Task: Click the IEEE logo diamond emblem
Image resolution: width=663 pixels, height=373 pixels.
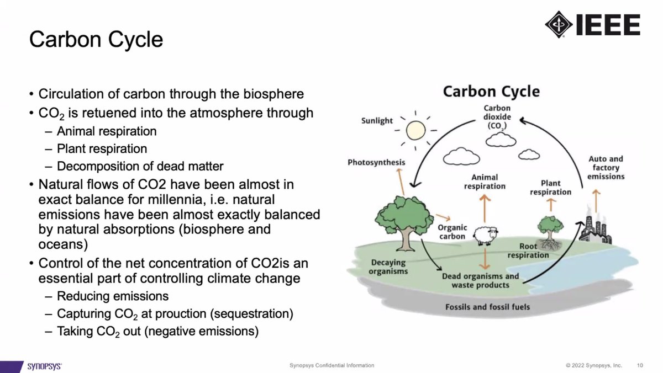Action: pos(559,24)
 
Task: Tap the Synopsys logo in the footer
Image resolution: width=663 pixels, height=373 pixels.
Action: pos(45,366)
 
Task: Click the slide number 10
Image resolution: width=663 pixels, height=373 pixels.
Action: pos(640,365)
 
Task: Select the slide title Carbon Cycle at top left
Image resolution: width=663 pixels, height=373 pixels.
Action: pos(96,40)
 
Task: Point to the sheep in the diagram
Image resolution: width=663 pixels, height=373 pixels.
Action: pos(485,235)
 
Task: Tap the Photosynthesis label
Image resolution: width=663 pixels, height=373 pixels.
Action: pos(376,162)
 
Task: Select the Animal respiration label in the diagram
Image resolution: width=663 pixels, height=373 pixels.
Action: pos(485,182)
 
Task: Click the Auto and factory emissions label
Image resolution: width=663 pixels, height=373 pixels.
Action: pos(606,168)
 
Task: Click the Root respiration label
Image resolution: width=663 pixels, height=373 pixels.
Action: pos(528,251)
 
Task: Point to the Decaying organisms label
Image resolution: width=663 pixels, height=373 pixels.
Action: pos(389,267)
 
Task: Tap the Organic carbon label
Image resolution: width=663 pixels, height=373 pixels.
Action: pos(452,232)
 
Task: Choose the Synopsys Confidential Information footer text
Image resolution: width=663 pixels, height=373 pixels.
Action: pos(331,365)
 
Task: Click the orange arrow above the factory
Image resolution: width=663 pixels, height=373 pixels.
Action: pos(596,197)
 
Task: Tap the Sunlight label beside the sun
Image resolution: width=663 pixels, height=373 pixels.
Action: pos(377,120)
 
